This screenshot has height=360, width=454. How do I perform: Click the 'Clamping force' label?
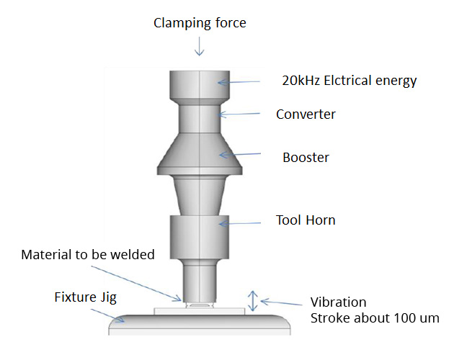(200, 23)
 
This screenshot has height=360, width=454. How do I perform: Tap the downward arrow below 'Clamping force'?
(200, 48)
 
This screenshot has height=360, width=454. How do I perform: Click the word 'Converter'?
(306, 114)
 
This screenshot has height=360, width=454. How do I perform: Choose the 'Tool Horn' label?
(306, 220)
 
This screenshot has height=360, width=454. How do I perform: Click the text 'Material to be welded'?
(88, 255)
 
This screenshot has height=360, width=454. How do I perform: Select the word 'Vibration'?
(338, 302)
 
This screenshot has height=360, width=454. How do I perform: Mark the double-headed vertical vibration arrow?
(252, 300)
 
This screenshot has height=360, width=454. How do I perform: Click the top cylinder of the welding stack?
(200, 86)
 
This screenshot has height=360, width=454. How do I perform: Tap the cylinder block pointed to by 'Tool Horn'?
(200, 238)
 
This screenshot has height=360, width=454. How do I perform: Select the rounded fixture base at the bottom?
(200, 324)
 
